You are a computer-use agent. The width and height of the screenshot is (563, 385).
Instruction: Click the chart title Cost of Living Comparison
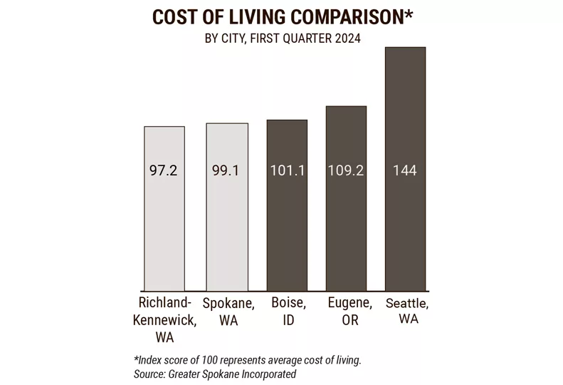(x=282, y=17)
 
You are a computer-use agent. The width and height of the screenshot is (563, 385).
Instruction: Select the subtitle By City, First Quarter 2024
(x=282, y=40)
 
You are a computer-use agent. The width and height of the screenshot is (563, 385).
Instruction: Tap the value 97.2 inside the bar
(x=164, y=171)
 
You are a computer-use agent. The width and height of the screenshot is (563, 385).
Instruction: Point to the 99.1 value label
(x=226, y=171)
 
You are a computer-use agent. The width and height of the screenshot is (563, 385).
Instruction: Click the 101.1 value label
(x=288, y=171)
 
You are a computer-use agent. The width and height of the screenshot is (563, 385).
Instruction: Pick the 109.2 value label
(x=346, y=171)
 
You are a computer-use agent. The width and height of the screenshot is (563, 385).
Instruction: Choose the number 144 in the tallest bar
(x=405, y=171)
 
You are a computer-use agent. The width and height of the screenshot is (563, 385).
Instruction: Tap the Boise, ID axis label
(x=288, y=312)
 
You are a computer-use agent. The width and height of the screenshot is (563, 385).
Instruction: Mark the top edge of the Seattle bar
(x=405, y=48)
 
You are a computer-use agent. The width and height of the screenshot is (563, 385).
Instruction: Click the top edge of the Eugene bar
(x=346, y=107)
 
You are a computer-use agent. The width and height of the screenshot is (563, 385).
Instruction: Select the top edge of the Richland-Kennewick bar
(x=164, y=127)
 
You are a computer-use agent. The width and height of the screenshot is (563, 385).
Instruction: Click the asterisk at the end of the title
(x=408, y=14)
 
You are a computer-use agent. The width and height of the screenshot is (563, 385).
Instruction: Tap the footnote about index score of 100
(x=247, y=360)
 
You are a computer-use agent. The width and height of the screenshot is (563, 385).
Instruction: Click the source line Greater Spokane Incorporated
(x=214, y=374)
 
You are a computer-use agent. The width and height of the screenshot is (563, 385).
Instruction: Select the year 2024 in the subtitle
(x=346, y=40)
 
